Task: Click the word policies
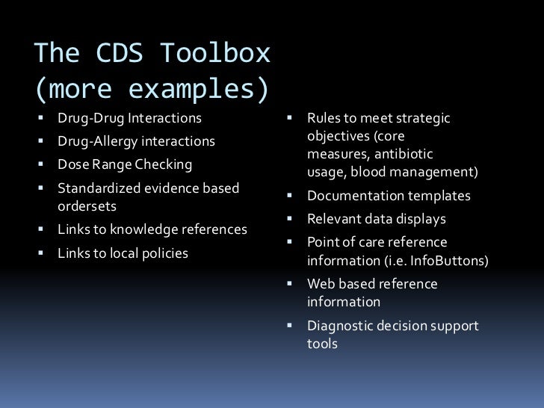click(165, 253)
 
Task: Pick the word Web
click(321, 285)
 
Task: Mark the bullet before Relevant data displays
click(289, 220)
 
